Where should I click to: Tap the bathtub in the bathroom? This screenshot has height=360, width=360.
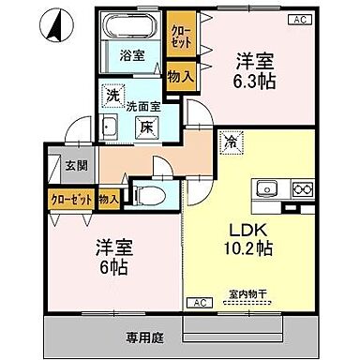[131, 26]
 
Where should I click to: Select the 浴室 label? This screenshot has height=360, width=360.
[131, 56]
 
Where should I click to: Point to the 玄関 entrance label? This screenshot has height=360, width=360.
[76, 166]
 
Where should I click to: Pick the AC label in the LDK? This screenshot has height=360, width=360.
[200, 302]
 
